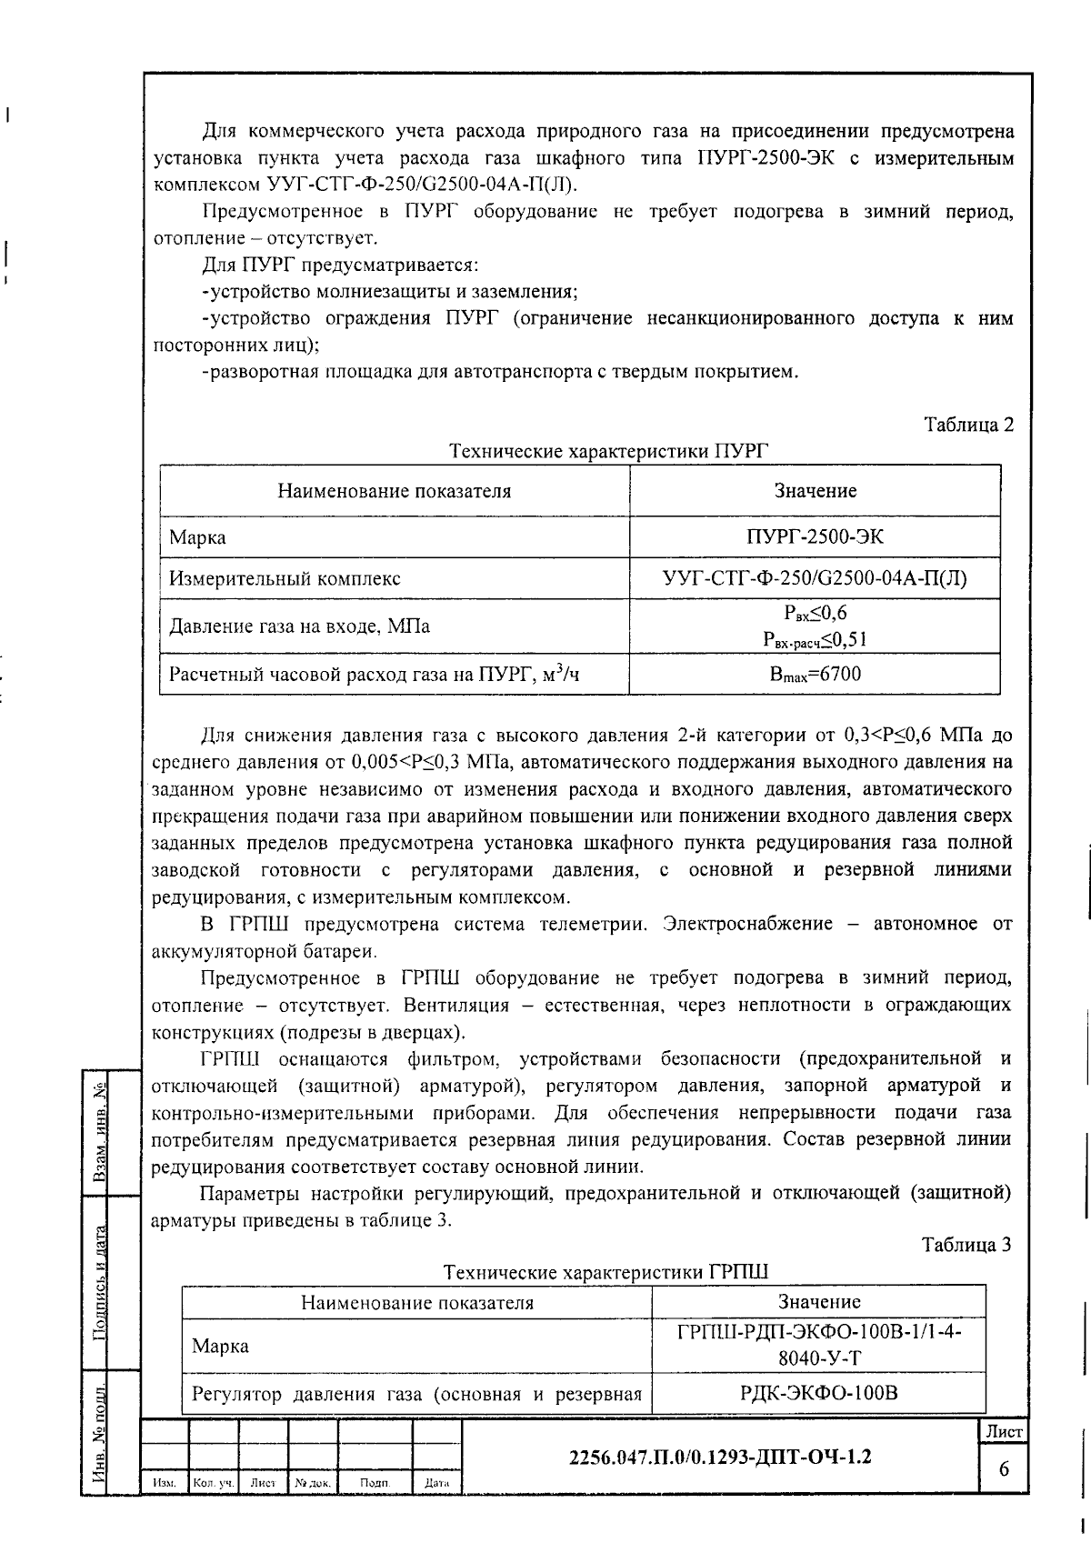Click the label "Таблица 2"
[x=968, y=425]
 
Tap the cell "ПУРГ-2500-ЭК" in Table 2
[x=815, y=536]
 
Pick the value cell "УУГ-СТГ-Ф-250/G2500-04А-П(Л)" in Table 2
[x=815, y=578]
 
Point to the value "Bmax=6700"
[x=815, y=674]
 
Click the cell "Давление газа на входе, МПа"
[x=300, y=626]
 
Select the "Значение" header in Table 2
[x=815, y=491]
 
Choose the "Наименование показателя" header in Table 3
[x=417, y=1302]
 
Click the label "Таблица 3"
[x=966, y=1245]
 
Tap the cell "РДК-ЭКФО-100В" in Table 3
[x=819, y=1393]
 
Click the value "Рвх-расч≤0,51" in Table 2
[x=815, y=640]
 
